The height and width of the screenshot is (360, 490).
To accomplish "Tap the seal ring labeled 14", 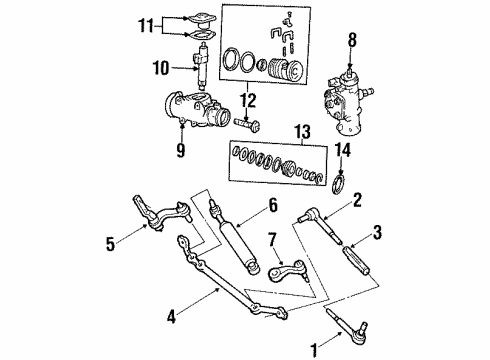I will tap(339, 184).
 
